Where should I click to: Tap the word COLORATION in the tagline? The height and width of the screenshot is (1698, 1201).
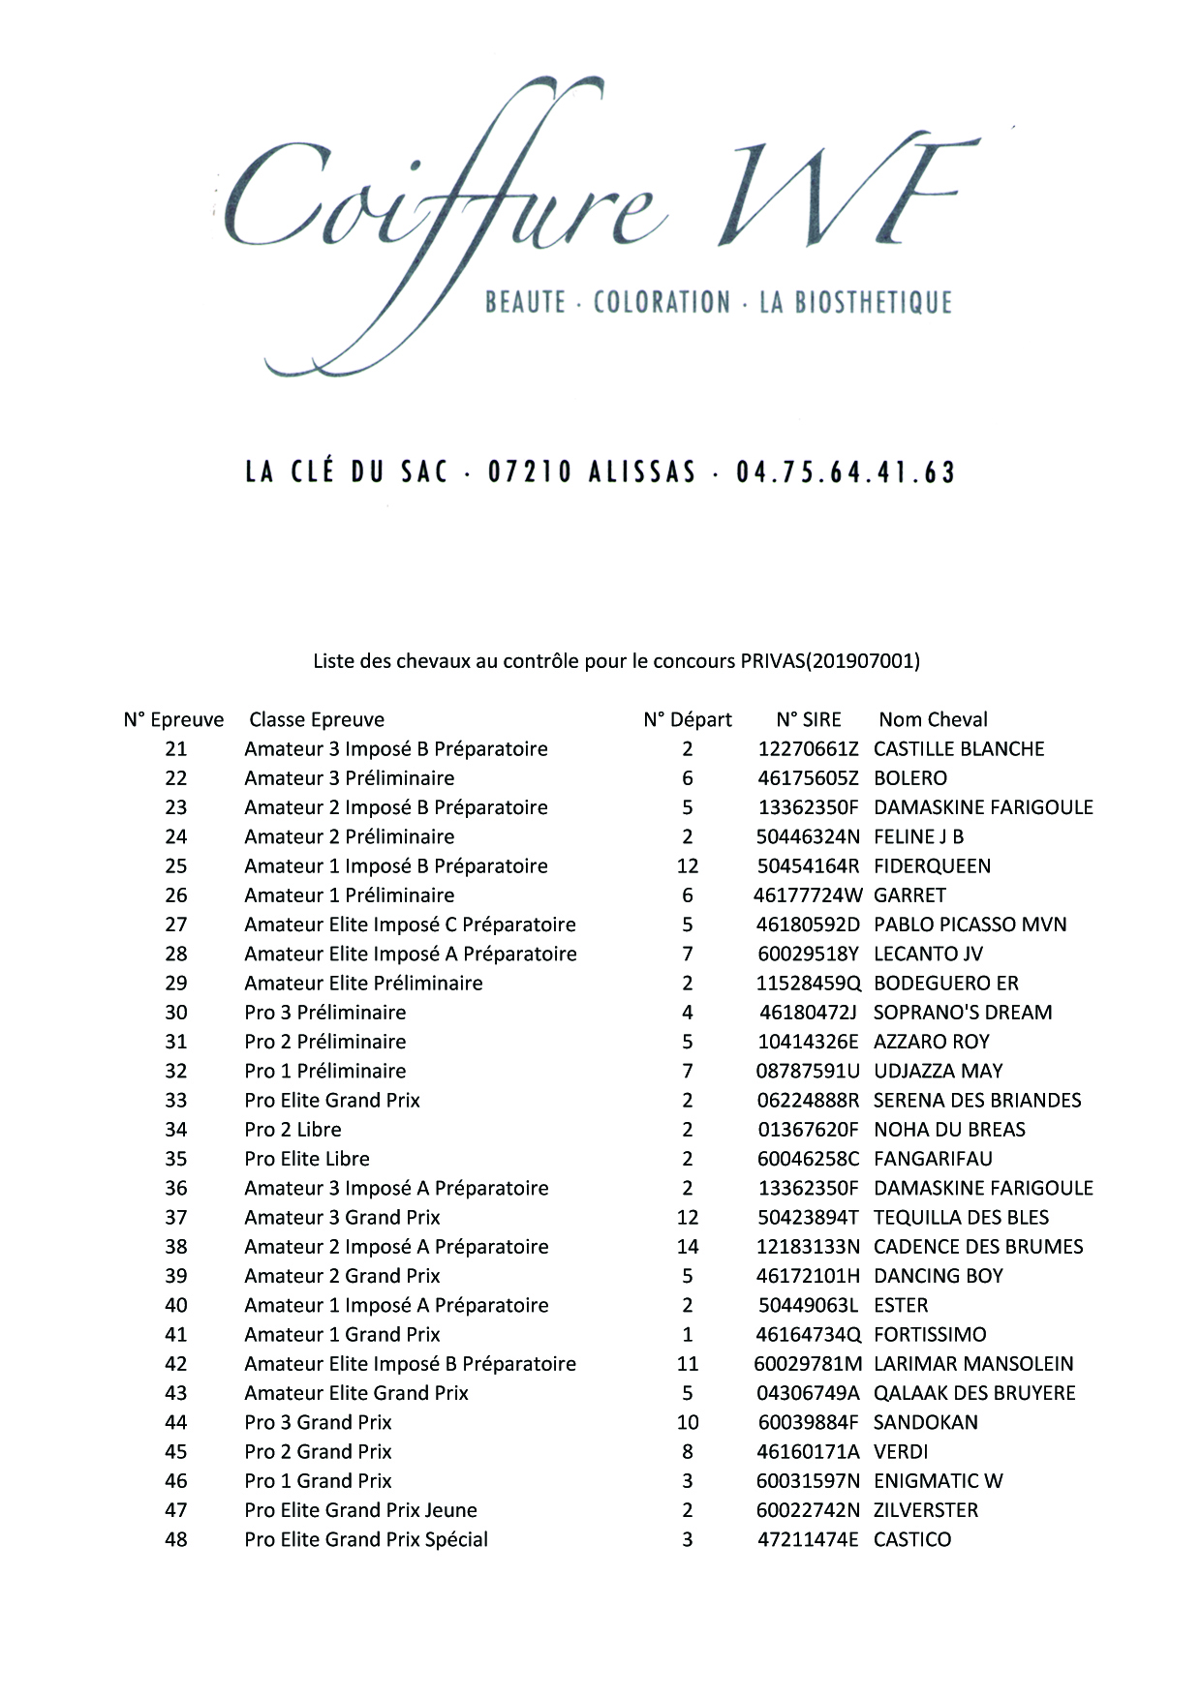[662, 302]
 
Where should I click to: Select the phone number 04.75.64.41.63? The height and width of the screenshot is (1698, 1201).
[846, 472]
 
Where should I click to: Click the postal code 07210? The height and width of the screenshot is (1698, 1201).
[530, 472]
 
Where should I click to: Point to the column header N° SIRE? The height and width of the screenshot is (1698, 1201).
[809, 719]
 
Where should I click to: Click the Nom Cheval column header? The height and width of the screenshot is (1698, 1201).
[933, 719]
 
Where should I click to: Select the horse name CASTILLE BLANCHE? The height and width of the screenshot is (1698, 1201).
[959, 748]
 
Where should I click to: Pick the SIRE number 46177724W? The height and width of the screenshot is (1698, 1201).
[807, 894]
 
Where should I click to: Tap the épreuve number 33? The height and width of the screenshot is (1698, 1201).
[176, 1100]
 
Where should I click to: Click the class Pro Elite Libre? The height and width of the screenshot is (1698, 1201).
[307, 1158]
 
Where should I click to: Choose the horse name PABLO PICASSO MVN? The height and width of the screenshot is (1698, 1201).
[970, 924]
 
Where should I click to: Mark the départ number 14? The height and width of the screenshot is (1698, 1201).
[688, 1246]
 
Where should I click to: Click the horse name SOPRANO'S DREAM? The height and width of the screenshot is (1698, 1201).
[963, 1012]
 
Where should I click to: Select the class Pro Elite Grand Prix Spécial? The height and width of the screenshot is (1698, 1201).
[366, 1538]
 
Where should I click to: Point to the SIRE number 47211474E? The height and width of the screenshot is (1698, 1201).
[808, 1538]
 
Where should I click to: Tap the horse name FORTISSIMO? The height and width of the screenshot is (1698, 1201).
[930, 1334]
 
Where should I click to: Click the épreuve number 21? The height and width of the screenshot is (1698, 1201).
[176, 748]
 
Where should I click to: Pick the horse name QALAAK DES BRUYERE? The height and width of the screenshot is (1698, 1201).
[974, 1392]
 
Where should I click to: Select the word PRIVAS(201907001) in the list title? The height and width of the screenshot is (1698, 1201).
[830, 661]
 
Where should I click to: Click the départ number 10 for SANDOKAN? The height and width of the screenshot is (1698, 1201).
[688, 1421]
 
